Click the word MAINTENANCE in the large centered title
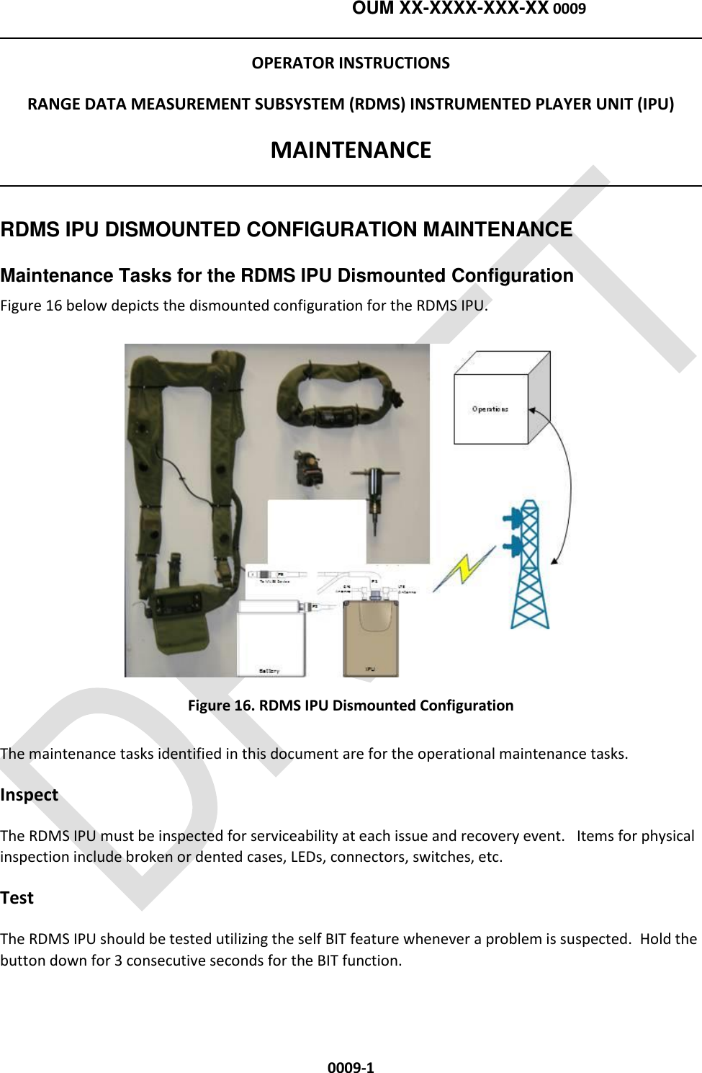pyautogui.click(x=351, y=150)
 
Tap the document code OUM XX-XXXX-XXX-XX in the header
pyautogui.click(x=450, y=9)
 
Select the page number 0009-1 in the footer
pyautogui.click(x=351, y=1068)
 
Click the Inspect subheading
pyautogui.click(x=29, y=795)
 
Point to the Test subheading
pyautogui.click(x=17, y=898)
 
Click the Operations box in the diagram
pyautogui.click(x=490, y=409)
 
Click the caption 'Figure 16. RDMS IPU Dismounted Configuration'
pyautogui.click(x=351, y=705)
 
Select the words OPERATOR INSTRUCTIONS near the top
pyautogui.click(x=351, y=63)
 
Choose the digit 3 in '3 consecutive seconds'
pyautogui.click(x=118, y=961)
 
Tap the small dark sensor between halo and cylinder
pyautogui.click(x=307, y=468)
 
